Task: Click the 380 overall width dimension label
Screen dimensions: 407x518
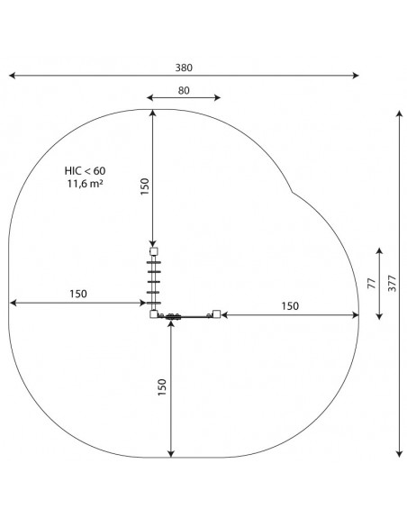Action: (x=184, y=68)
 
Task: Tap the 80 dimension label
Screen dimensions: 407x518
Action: (x=184, y=90)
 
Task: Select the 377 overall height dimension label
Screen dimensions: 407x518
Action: (x=392, y=283)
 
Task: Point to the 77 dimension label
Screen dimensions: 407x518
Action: (x=372, y=284)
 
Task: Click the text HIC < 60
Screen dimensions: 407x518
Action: (x=85, y=171)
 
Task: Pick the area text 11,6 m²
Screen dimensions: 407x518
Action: (x=85, y=184)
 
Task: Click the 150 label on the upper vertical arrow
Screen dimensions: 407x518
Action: (x=145, y=186)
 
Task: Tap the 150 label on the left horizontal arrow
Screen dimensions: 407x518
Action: (x=78, y=294)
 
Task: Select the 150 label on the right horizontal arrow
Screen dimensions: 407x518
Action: (x=290, y=306)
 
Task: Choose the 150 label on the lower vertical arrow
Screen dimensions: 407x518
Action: (x=162, y=387)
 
